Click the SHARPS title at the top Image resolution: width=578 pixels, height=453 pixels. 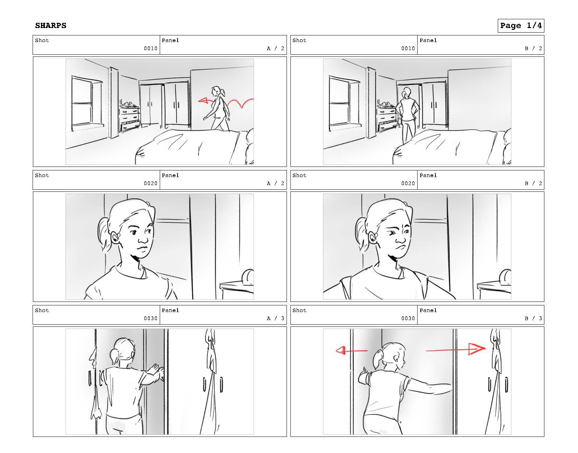[x=50, y=26]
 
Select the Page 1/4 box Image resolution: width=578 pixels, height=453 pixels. [x=521, y=26]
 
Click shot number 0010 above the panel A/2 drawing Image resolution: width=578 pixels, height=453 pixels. [x=151, y=48]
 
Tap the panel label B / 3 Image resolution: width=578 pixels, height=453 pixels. [x=533, y=318]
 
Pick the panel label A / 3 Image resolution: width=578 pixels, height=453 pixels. [x=275, y=318]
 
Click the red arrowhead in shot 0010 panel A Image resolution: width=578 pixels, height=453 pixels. [x=203, y=101]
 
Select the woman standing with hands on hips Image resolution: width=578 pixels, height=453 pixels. [x=407, y=116]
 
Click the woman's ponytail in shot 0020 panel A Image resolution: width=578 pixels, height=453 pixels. [x=104, y=234]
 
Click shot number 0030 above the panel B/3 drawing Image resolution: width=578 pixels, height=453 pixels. [x=408, y=318]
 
